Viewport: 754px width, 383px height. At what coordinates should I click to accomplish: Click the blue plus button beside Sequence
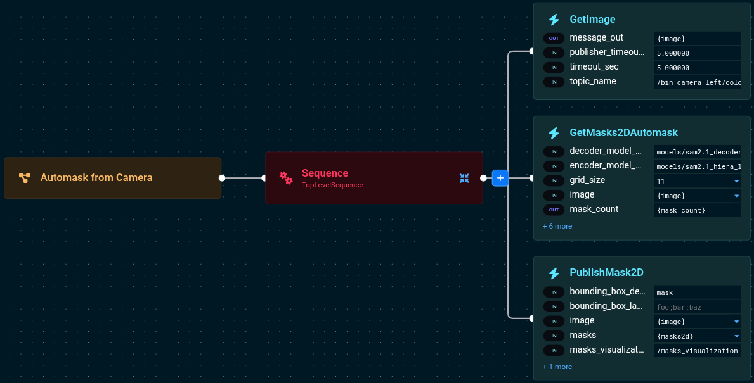coord(500,178)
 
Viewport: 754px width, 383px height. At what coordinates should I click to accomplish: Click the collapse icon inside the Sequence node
coord(464,179)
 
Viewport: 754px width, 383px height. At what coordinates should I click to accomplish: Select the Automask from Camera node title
coord(96,178)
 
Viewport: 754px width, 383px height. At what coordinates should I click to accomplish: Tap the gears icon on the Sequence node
coord(286,178)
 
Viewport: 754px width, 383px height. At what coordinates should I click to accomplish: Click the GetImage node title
coord(592,20)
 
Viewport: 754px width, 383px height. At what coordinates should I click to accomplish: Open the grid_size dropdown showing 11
coord(697,181)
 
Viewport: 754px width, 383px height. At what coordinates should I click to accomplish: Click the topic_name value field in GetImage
coord(697,82)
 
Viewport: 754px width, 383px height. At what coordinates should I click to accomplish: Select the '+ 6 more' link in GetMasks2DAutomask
coord(557,226)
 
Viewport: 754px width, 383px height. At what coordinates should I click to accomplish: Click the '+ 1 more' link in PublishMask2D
coord(557,367)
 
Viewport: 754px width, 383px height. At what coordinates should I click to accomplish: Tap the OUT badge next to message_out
coord(554,39)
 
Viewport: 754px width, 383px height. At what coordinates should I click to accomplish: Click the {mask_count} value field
coord(697,210)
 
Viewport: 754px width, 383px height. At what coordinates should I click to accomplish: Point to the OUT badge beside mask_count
coord(554,210)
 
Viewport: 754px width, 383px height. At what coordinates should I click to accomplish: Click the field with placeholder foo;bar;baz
coord(697,307)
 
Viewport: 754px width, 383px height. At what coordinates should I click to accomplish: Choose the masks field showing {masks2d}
coord(697,336)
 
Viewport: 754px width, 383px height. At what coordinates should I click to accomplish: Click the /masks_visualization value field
coord(697,351)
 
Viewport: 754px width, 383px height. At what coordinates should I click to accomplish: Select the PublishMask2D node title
coord(606,273)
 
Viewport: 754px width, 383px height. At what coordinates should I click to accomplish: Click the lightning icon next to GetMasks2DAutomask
coord(554,133)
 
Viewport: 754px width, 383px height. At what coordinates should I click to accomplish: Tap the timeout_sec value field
coord(697,68)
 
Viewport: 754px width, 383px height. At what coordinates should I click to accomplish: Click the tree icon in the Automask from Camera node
coord(25,178)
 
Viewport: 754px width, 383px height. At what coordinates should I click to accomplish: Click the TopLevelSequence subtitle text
coord(332,185)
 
